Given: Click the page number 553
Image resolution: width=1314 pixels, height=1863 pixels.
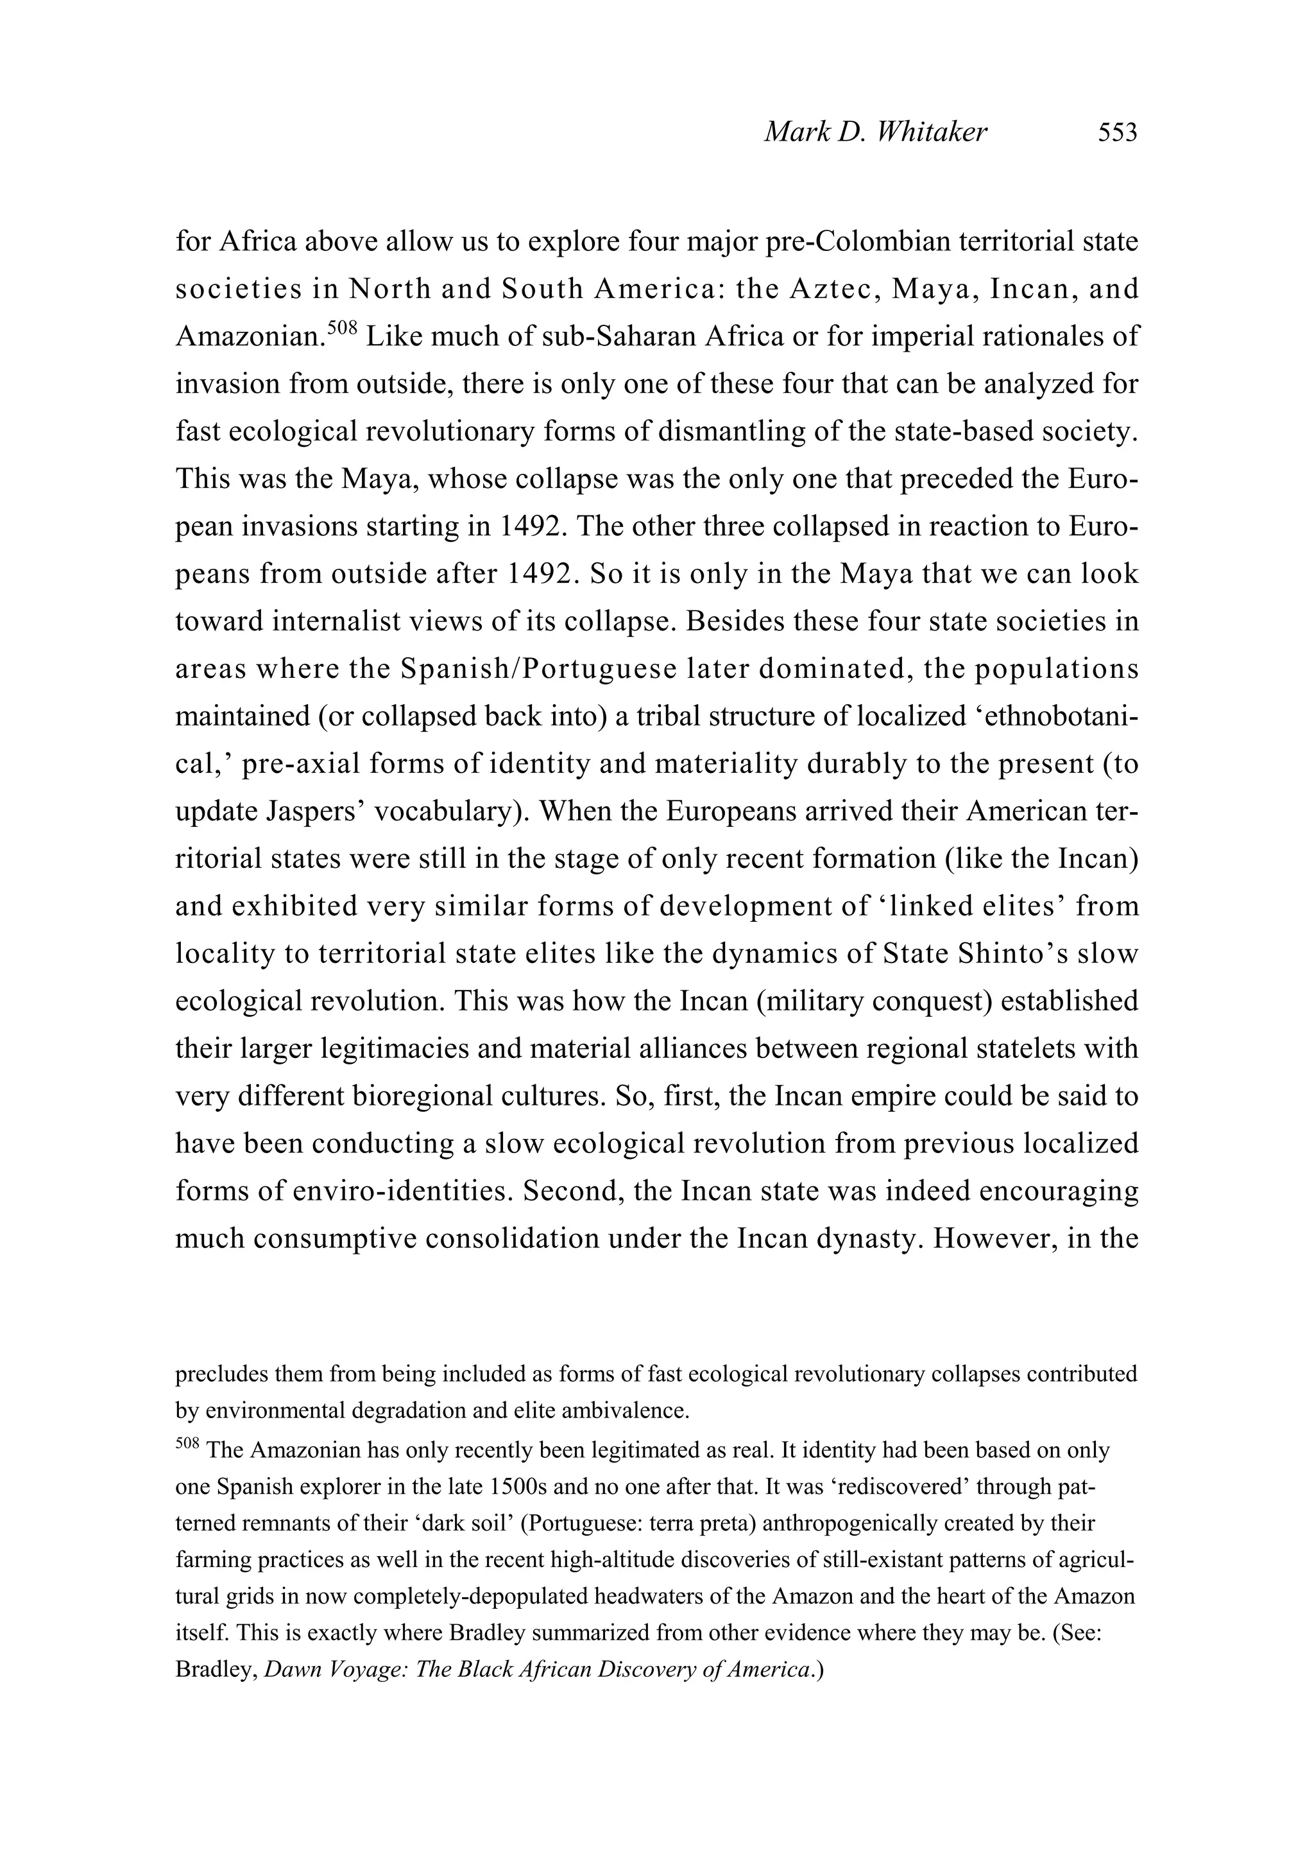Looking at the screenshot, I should coord(1117,132).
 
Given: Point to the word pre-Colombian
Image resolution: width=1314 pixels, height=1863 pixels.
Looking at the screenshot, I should coord(854,242).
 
